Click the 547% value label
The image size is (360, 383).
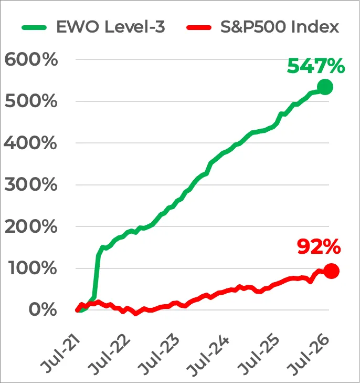pyautogui.click(x=316, y=66)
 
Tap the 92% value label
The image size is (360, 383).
pyautogui.click(x=319, y=247)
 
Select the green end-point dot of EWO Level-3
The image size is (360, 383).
pyautogui.click(x=325, y=87)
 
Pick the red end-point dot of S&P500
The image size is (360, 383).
pyautogui.click(x=331, y=271)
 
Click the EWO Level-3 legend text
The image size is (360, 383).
pyautogui.click(x=111, y=27)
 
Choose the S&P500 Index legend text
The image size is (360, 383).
pyautogui.click(x=280, y=27)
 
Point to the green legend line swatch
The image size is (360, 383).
pyautogui.click(x=34, y=27)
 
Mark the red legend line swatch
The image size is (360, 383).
pyautogui.click(x=199, y=27)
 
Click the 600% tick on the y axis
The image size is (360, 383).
pyautogui.click(x=31, y=59)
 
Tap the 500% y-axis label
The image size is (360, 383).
pyautogui.click(x=31, y=101)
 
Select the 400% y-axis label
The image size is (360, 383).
pyautogui.click(x=30, y=143)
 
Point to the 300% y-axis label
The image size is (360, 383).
pyautogui.click(x=31, y=184)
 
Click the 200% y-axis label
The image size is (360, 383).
pyautogui.click(x=31, y=226)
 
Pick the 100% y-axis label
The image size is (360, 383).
pyautogui.click(x=33, y=268)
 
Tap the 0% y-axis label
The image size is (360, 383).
pyautogui.click(x=43, y=310)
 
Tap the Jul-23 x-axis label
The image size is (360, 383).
pyautogui.click(x=159, y=355)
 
